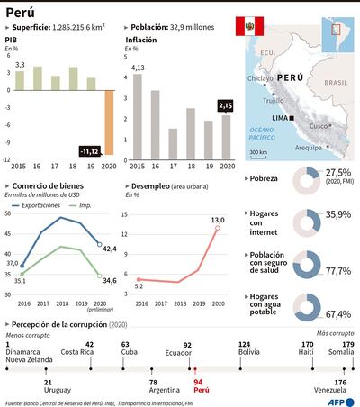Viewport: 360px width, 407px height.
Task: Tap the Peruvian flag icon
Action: coord(245,26)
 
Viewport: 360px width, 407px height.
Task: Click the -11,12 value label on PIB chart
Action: coord(89,150)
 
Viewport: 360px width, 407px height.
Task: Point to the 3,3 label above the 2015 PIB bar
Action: coord(20,64)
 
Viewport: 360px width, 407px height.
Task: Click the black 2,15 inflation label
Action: coord(226,106)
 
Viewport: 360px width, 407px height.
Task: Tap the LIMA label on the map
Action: coord(280,118)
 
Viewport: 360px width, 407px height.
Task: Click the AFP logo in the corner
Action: coord(344,402)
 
